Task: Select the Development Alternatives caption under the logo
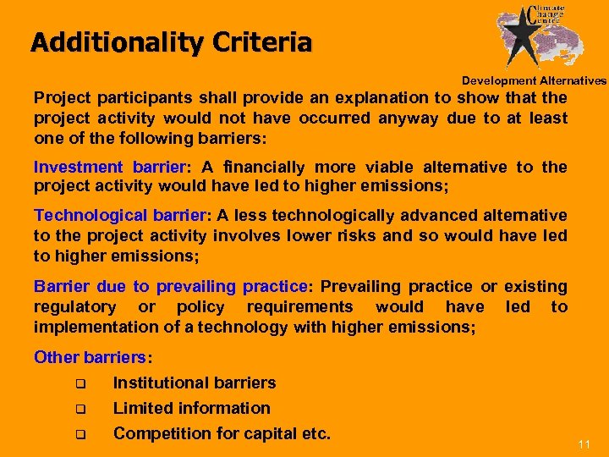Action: (x=534, y=80)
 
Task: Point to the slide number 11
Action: (x=584, y=444)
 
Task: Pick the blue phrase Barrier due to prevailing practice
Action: (x=170, y=287)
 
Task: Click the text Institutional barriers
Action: (x=195, y=383)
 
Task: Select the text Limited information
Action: (x=192, y=408)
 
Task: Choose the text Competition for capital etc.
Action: (x=222, y=433)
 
